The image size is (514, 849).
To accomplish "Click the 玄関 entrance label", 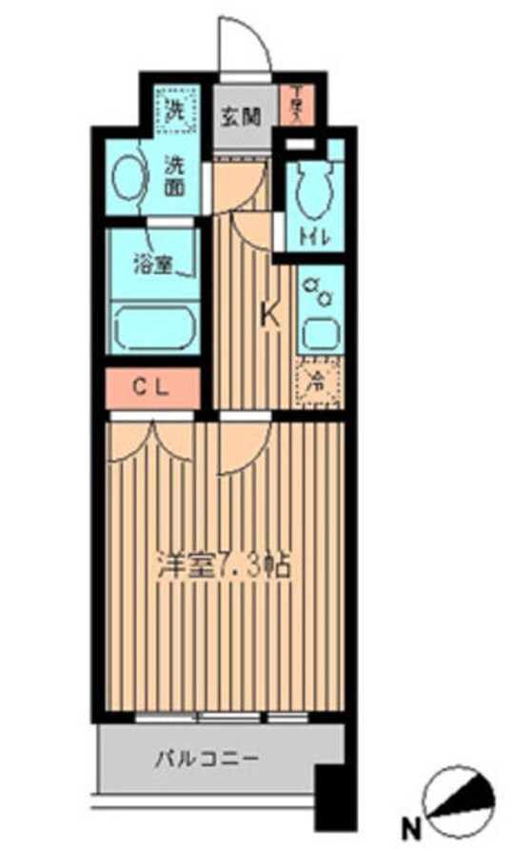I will [242, 118].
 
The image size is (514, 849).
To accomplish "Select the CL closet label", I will [152, 387].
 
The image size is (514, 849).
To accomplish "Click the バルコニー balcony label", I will [208, 760].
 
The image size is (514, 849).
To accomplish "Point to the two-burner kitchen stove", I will [316, 290].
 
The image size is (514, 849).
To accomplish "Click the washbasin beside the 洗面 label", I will [128, 178].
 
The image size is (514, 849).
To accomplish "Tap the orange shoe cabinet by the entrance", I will [296, 103].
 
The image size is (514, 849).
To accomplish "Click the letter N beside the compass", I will [413, 824].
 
